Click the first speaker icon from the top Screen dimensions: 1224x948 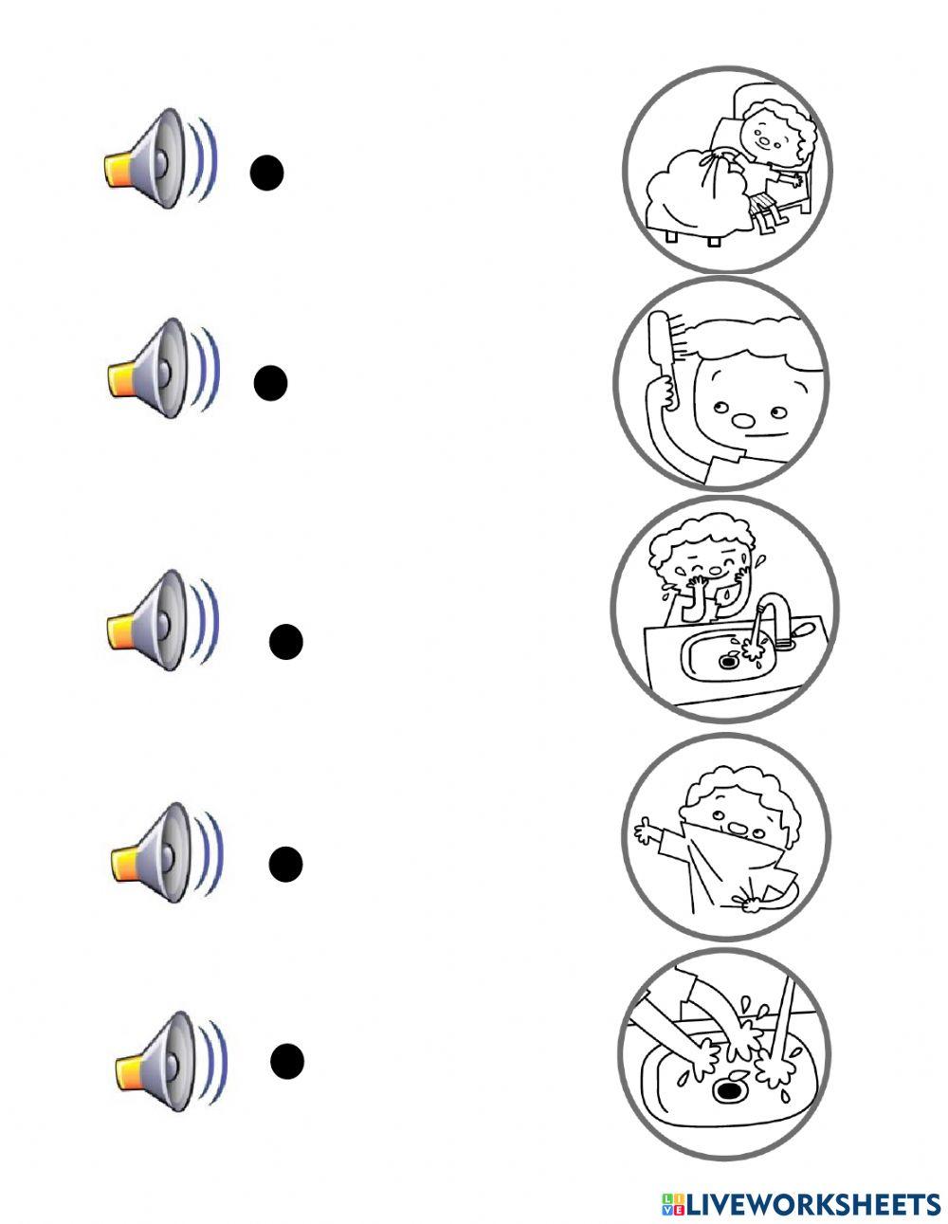[x=159, y=158]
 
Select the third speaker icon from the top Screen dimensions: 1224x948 [x=161, y=620]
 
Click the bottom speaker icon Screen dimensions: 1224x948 [x=169, y=1060]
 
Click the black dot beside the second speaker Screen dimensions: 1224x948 [x=271, y=382]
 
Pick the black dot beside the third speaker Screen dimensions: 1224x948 [x=285, y=642]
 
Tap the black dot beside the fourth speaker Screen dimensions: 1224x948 [x=285, y=864]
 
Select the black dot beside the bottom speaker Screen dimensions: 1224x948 [x=286, y=1060]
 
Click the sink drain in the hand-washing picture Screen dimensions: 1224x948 [x=727, y=1090]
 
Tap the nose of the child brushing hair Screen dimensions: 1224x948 [x=746, y=418]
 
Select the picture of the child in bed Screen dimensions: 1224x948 [x=727, y=171]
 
